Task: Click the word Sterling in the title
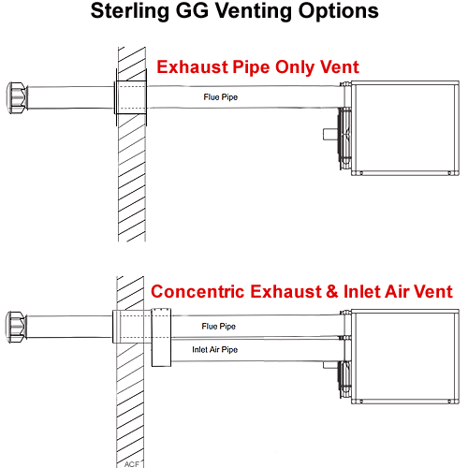[129, 12]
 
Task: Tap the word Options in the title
[339, 12]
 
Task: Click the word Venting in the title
[254, 12]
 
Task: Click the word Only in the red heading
[295, 67]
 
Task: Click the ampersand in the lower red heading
[332, 291]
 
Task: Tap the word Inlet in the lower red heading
[362, 291]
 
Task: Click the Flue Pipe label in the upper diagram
[221, 97]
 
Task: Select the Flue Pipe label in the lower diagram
[218, 327]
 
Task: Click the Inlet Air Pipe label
[214, 350]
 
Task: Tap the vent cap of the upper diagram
[17, 97]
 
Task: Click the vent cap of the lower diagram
[16, 327]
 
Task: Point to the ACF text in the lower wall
[132, 464]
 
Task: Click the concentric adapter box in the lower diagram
[161, 337]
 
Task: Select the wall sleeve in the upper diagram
[131, 97]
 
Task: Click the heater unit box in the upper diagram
[405, 128]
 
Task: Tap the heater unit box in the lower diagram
[405, 357]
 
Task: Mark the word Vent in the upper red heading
[340, 67]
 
